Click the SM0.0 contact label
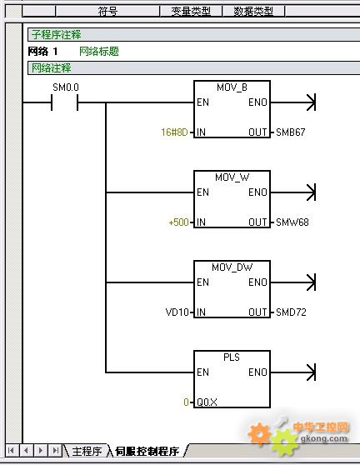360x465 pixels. pyautogui.click(x=66, y=87)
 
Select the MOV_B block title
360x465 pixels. pyautogui.click(x=232, y=87)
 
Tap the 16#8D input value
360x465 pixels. pyautogui.click(x=174, y=132)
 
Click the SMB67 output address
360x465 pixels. pyautogui.click(x=290, y=132)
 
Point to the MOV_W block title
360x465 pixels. pyautogui.click(x=232, y=177)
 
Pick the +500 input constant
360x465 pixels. pyautogui.click(x=178, y=222)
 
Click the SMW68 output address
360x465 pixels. pyautogui.click(x=292, y=222)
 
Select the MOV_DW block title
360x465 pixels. pyautogui.click(x=232, y=267)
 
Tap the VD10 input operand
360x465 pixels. pyautogui.click(x=177, y=312)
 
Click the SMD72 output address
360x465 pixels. pyautogui.click(x=291, y=312)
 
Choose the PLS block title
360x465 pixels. pyautogui.click(x=232, y=357)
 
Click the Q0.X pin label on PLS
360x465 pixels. pyautogui.click(x=207, y=402)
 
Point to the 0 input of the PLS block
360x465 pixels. pyautogui.click(x=186, y=402)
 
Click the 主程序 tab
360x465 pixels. pyautogui.click(x=87, y=452)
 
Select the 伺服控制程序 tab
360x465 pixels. pyautogui.click(x=147, y=452)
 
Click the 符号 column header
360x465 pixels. pyautogui.click(x=107, y=12)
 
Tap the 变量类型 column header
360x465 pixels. pyautogui.click(x=191, y=12)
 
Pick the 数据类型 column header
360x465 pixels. pyautogui.click(x=253, y=12)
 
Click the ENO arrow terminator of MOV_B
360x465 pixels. pyautogui.click(x=311, y=102)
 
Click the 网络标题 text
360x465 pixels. pyautogui.click(x=98, y=52)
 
